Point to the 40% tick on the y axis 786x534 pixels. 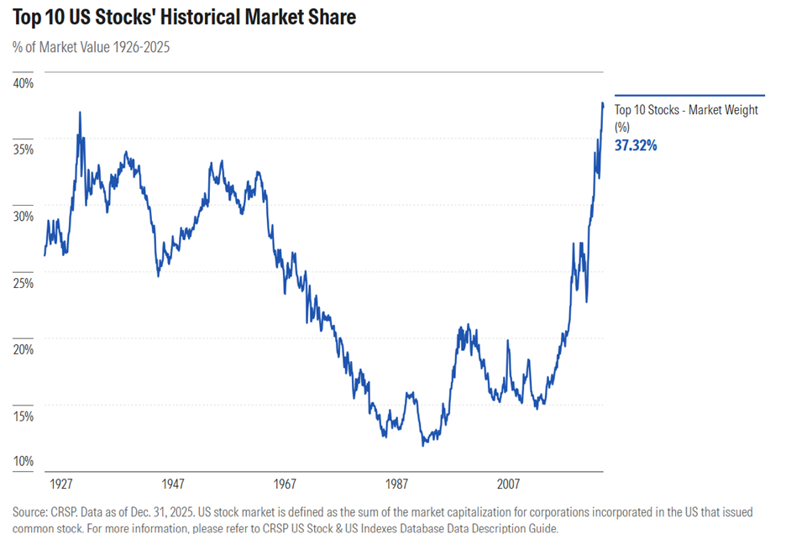pos(23,83)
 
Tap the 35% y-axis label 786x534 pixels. pos(23,149)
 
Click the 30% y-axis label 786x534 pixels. pos(23,216)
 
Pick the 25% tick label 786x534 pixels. pos(23,283)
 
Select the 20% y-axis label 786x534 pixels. pos(23,349)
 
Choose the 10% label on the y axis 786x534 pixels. pos(23,461)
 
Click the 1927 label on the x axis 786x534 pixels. pos(61,484)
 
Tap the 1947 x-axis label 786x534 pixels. pos(173,484)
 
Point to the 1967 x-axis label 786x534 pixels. pos(285,484)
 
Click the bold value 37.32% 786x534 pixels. pos(636,145)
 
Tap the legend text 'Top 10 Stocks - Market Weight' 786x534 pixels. pos(686,110)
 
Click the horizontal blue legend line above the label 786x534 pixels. pos(689,96)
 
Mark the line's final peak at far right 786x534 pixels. pos(602,103)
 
